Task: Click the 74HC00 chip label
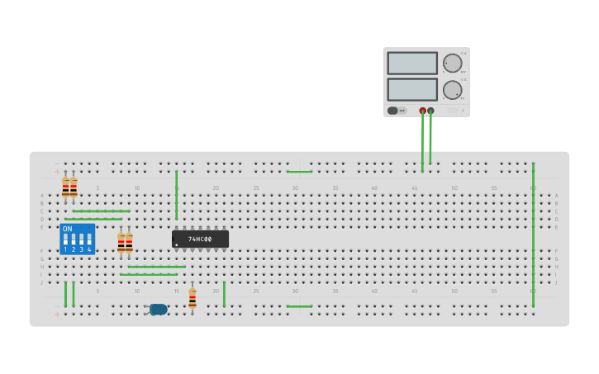coord(200,239)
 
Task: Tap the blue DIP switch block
coord(77,239)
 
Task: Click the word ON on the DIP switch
coord(67,229)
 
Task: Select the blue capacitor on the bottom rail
coord(158,310)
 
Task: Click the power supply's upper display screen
coord(411,63)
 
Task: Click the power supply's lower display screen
coord(411,88)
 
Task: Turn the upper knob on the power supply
coord(453,63)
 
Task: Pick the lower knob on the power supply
coord(453,89)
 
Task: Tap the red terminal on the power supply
coord(422,111)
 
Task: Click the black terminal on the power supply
coord(430,111)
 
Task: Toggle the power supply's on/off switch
coord(393,111)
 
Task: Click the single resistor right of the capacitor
coord(193,297)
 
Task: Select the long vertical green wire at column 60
coord(533,235)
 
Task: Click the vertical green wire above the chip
coord(176,196)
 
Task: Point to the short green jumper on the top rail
coord(299,172)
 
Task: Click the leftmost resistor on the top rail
coord(65,187)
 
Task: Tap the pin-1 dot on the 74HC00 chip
coord(177,244)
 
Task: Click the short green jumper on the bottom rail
coord(299,306)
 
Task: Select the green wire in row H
coord(156,267)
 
